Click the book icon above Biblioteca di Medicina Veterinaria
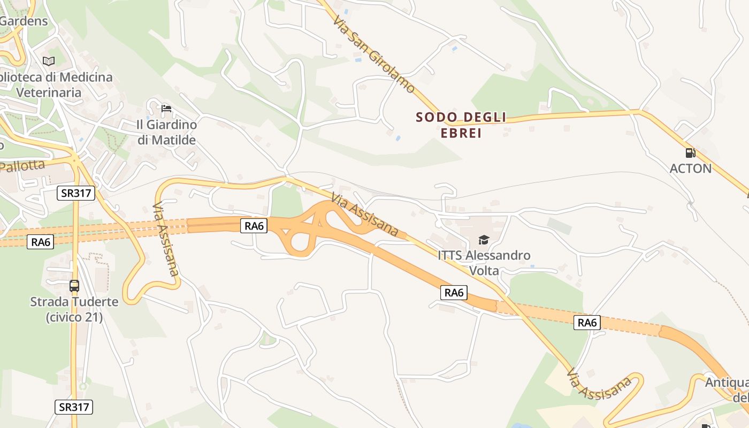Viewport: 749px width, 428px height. [x=49, y=61]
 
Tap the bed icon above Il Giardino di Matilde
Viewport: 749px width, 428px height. [x=166, y=109]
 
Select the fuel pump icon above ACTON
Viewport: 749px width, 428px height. [x=690, y=153]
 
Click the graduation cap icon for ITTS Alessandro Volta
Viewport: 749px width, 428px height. [x=484, y=240]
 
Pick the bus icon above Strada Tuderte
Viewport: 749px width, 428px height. [x=74, y=286]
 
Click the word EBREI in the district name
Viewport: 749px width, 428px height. [x=461, y=133]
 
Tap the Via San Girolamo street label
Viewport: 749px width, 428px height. [x=373, y=54]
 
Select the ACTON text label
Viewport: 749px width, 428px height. [x=690, y=169]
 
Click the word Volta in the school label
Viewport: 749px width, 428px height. [x=484, y=271]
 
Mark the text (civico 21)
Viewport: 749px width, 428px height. [x=74, y=317]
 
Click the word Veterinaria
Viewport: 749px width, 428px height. [x=49, y=93]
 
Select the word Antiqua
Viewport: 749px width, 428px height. [x=727, y=383]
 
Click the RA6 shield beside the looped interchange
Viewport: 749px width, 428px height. [x=254, y=226]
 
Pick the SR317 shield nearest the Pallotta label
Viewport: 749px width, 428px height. [x=76, y=193]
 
